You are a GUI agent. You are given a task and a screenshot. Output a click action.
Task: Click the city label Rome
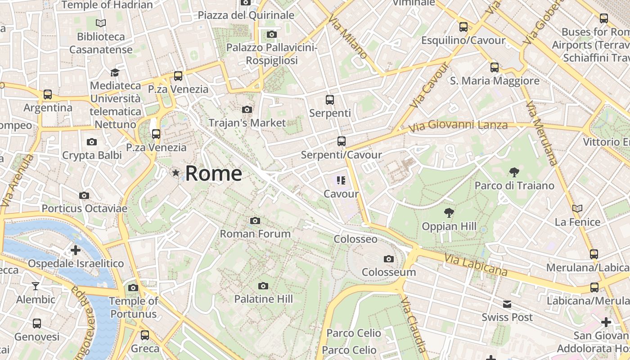[213, 173]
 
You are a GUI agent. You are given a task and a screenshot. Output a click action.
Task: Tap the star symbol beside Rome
[175, 173]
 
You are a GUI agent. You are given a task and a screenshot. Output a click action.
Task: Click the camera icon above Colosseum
[389, 259]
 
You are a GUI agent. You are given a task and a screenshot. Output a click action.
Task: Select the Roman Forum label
[255, 234]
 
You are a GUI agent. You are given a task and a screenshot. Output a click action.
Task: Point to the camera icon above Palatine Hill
[263, 286]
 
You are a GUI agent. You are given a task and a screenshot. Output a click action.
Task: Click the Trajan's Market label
[247, 123]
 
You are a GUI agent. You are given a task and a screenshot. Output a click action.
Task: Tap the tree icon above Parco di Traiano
[514, 172]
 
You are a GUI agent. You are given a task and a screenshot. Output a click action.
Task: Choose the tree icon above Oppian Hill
[449, 213]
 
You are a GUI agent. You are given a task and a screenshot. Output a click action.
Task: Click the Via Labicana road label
[476, 265]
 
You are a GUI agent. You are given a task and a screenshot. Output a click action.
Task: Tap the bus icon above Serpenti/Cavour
[341, 141]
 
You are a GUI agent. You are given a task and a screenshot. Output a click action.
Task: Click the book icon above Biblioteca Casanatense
[101, 23]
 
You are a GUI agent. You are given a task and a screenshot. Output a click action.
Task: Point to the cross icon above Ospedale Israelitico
[76, 250]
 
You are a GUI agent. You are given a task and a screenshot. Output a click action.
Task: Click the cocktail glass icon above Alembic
[36, 286]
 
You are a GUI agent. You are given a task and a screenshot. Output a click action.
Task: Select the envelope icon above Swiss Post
[507, 304]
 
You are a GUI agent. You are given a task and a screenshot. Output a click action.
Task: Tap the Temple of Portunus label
[134, 307]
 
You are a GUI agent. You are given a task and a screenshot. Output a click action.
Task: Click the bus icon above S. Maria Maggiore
[495, 67]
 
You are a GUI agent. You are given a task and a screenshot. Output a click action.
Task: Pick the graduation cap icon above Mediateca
[115, 72]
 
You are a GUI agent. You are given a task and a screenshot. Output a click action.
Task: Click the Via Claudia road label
[413, 324]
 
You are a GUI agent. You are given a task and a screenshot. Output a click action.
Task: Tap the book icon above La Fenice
[577, 208]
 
